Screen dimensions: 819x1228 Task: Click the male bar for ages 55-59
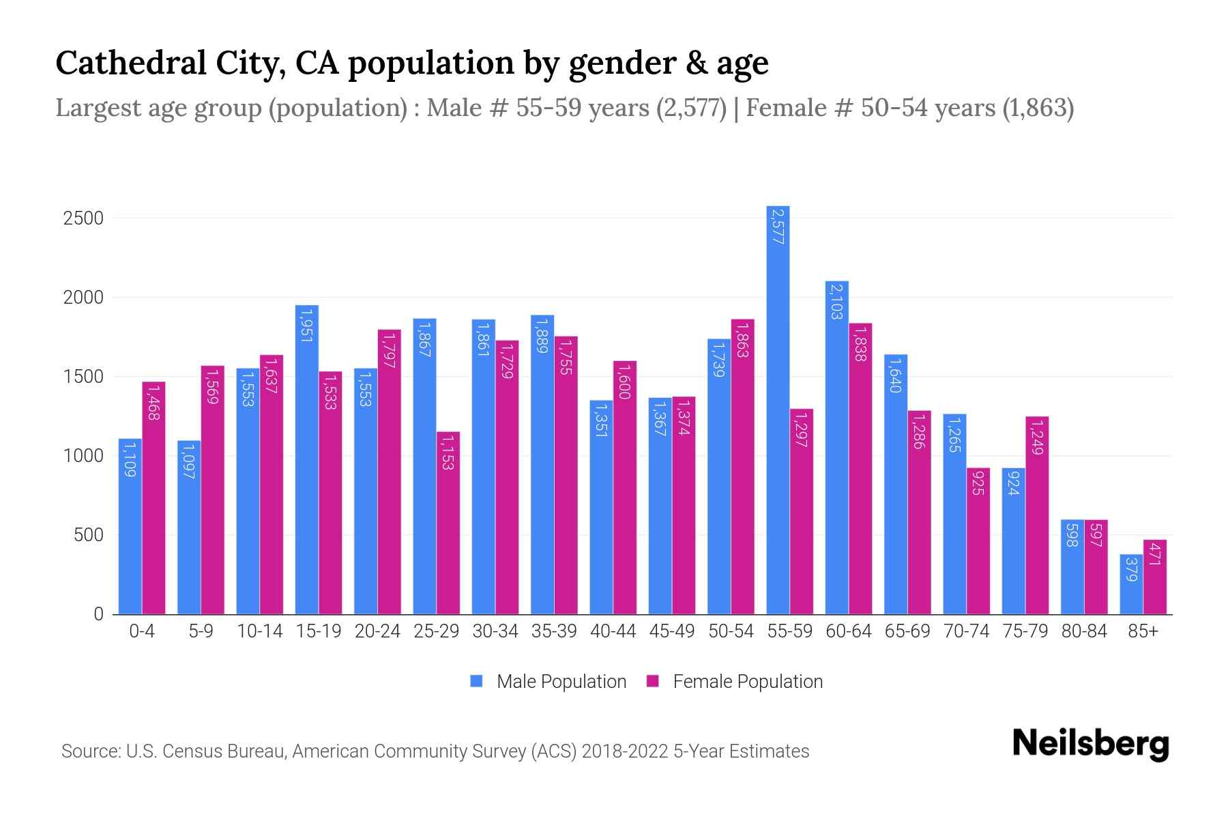tap(778, 409)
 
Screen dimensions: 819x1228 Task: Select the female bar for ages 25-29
tap(448, 523)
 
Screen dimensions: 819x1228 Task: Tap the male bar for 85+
tap(1131, 584)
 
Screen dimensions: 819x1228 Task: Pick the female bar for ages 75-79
tap(1037, 515)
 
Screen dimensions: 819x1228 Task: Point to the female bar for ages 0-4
tap(153, 498)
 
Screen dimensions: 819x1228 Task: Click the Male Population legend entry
tap(548, 682)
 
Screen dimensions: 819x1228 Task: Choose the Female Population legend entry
tap(735, 682)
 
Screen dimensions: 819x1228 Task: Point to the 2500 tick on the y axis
tap(83, 218)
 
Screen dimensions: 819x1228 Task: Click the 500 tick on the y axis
tap(88, 535)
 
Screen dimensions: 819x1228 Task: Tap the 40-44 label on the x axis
tap(613, 631)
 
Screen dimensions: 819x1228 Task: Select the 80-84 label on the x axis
tap(1084, 631)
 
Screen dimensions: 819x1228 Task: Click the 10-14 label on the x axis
tap(259, 631)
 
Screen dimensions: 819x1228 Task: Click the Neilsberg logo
tap(1090, 744)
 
